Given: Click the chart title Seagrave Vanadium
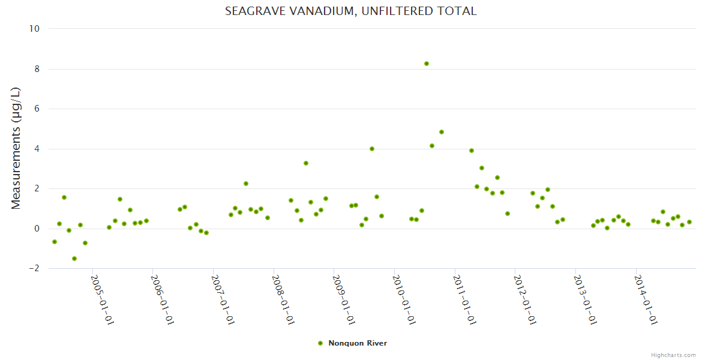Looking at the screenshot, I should [x=350, y=11].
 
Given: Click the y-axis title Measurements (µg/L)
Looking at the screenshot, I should [x=16, y=148].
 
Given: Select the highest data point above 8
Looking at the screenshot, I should [x=427, y=64].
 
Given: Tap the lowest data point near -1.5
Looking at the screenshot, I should [x=74, y=259].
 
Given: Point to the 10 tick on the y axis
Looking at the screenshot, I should [x=34, y=29].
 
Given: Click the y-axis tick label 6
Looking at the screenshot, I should [x=37, y=109].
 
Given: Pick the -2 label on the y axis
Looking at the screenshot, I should [x=34, y=268].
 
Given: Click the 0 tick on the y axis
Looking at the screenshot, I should [x=37, y=229].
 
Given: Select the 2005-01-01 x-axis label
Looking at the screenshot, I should [x=102, y=299].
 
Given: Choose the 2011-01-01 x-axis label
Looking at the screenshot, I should [x=464, y=299].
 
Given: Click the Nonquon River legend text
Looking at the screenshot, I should [x=358, y=343].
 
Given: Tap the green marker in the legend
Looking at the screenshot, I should [x=320, y=343].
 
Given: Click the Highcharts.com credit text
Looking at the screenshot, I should [x=673, y=355].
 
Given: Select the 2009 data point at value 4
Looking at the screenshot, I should [x=372, y=149].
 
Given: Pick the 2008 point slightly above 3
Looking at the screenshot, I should [x=306, y=163].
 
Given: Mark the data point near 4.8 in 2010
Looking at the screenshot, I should [x=442, y=132].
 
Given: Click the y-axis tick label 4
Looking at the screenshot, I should [x=37, y=149].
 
